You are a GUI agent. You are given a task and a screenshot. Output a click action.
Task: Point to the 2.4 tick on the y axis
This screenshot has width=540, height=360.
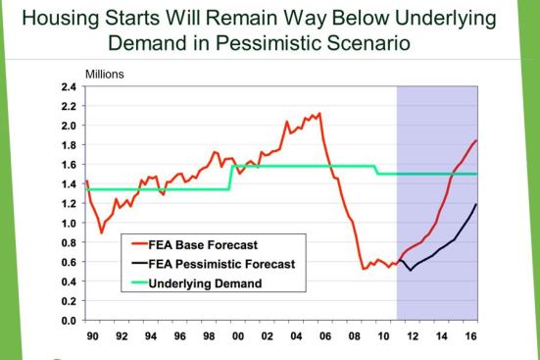pos(71,86)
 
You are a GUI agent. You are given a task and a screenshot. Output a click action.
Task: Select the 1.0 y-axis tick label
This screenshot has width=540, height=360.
pos(71,223)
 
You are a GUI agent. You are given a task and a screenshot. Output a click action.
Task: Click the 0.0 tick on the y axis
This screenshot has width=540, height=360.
pos(71,321)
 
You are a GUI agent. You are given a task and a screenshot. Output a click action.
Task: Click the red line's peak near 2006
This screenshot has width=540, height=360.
pos(319,113)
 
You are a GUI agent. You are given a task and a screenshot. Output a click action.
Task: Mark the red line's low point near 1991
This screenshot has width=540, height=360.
pos(102,232)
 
